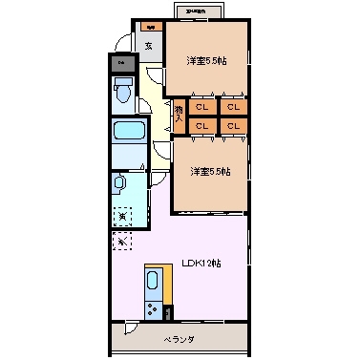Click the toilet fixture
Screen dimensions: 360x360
point(122,94)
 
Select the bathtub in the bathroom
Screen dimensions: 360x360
point(127,131)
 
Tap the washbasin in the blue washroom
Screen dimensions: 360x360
point(120,182)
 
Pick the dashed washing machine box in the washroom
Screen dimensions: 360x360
point(122,217)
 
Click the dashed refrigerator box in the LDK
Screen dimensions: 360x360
point(121,242)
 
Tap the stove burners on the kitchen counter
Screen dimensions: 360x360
point(154,309)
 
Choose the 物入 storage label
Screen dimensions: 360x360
point(179,116)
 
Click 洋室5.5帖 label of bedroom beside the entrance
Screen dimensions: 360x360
point(207,61)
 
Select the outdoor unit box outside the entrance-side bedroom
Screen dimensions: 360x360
point(200,11)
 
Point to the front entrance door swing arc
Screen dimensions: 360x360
point(122,43)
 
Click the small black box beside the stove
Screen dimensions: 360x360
point(169,311)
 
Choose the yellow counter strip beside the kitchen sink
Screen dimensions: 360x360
point(168,285)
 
